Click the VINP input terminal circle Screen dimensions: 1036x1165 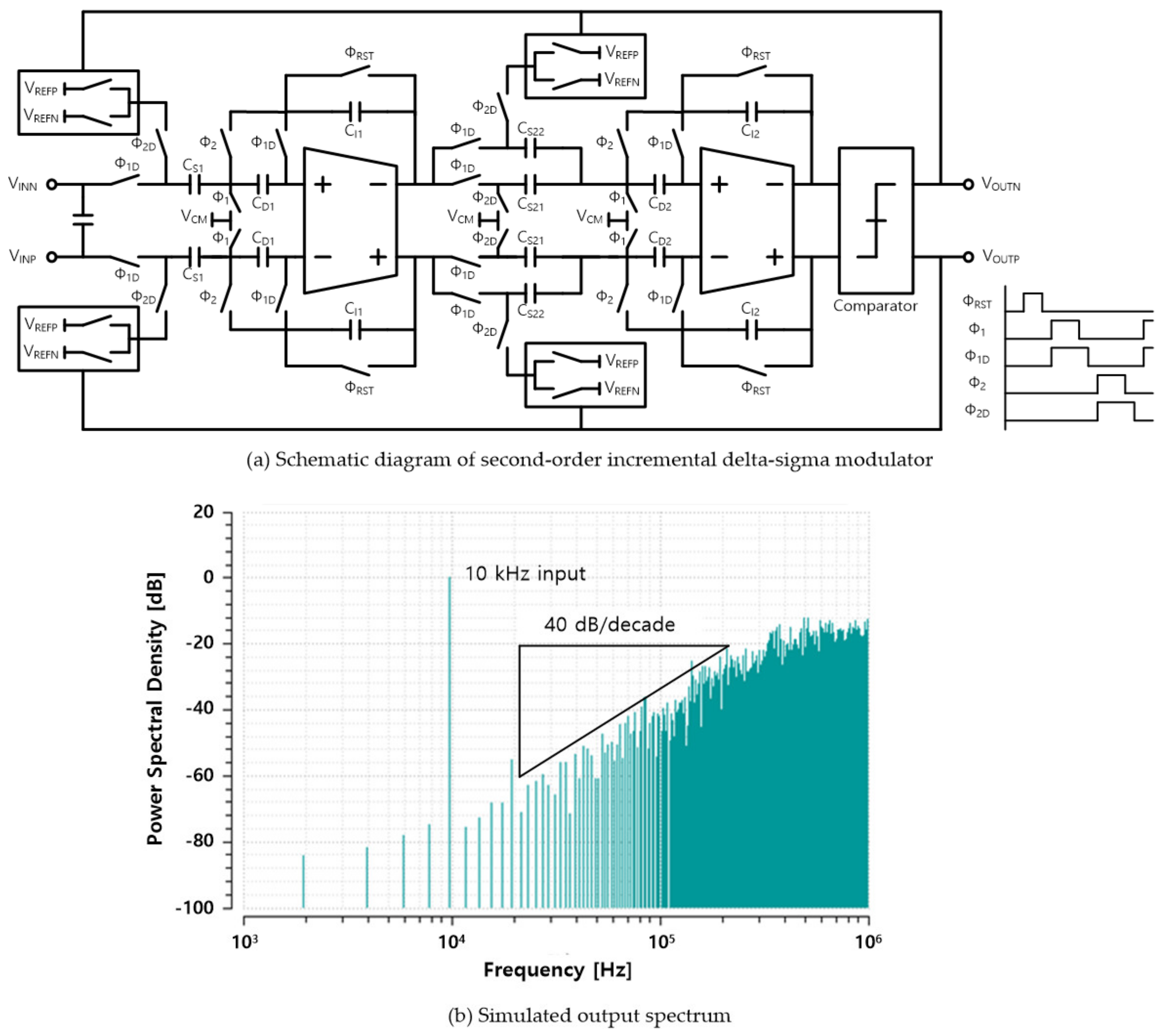(x=52, y=257)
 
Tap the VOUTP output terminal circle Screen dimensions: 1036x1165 (x=968, y=257)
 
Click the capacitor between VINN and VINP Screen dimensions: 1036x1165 (x=83, y=220)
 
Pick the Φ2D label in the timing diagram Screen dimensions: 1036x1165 (x=976, y=411)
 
